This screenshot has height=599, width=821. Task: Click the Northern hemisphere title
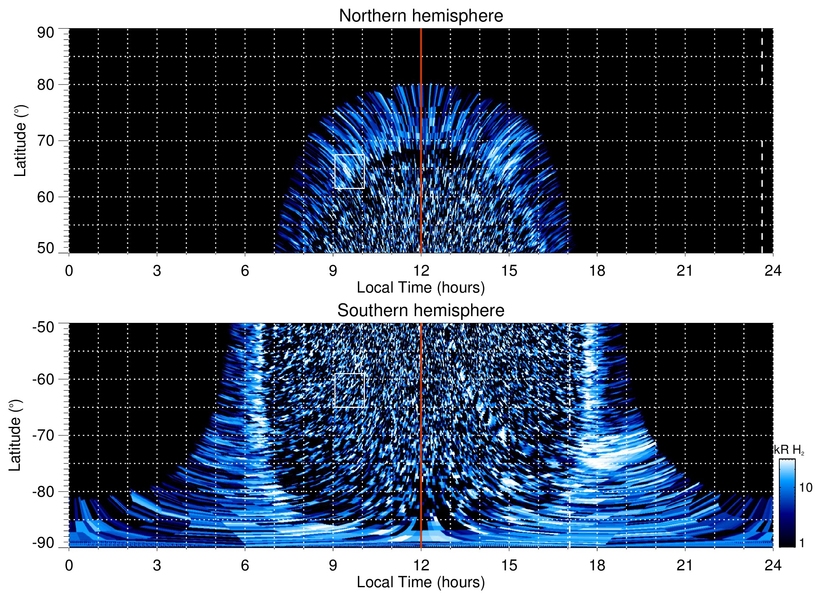pos(421,16)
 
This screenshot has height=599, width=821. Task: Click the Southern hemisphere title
pos(421,311)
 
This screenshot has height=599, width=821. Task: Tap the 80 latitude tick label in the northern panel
pos(45,85)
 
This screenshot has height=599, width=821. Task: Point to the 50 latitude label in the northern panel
pos(45,248)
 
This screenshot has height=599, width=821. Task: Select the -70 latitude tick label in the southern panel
pos(43,435)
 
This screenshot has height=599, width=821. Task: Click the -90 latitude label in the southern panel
pos(43,543)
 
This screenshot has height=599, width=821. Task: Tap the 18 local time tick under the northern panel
pos(597,271)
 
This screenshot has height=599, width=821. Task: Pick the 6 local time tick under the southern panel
pos(245,565)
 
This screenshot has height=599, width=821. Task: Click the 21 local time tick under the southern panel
pos(685,565)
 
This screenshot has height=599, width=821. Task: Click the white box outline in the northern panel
pos(349,155)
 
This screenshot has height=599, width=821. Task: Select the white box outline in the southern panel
pos(349,374)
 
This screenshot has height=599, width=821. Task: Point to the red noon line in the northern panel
pos(421,126)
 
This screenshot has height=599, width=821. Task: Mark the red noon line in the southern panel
pos(421,421)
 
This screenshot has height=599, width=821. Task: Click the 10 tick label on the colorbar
pos(805,488)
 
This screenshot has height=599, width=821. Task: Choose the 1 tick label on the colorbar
pos(802,543)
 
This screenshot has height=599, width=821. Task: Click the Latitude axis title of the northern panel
pos(20,141)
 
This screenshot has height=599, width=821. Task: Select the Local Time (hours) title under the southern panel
pos(421,582)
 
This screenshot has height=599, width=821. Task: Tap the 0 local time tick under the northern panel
pos(69,271)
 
